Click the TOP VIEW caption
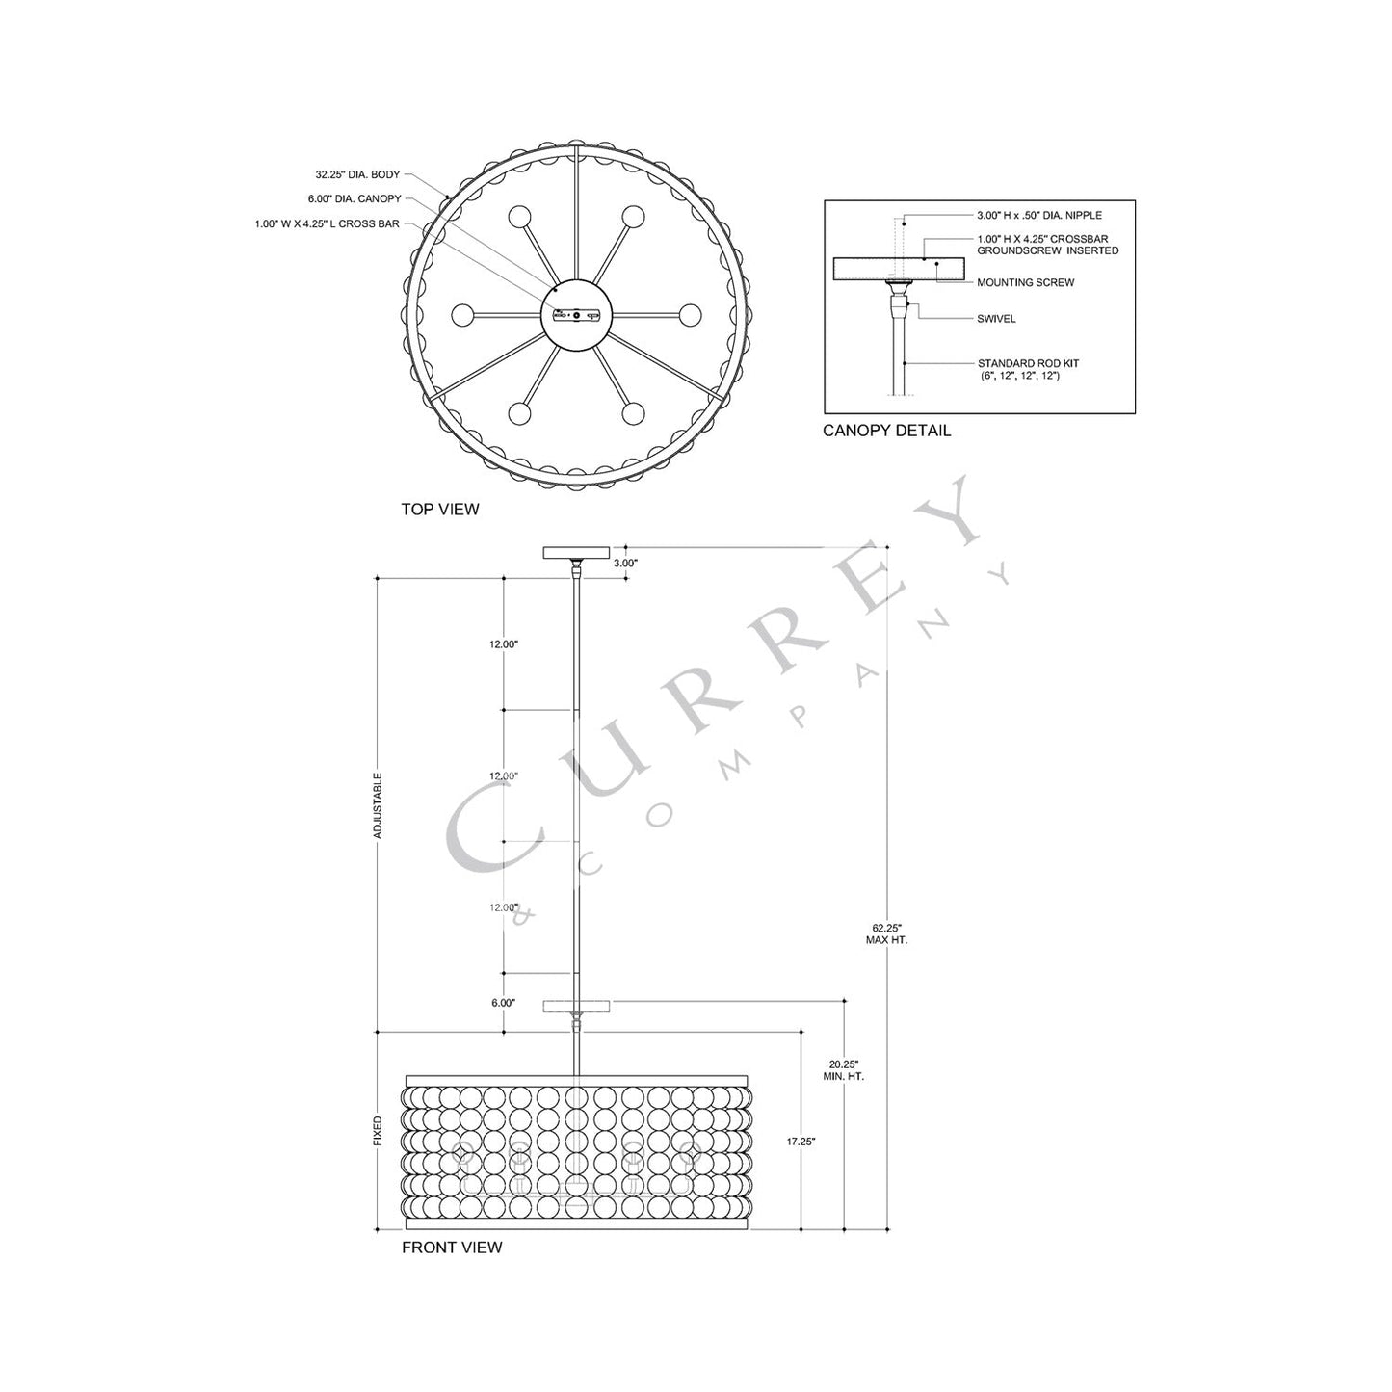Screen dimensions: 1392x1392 coord(439,510)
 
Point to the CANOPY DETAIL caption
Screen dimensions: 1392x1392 coord(886,431)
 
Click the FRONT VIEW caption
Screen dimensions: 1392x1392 coord(452,1248)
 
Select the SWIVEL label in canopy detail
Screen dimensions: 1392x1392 coord(996,318)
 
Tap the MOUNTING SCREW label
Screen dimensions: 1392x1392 coord(1025,283)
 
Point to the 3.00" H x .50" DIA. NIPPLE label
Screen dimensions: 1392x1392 coord(1038,215)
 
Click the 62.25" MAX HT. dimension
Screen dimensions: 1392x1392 coord(886,933)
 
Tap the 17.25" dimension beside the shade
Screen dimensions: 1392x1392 coord(801,1142)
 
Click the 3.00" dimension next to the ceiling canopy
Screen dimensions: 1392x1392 coord(626,563)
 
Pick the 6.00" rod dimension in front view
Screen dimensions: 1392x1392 coord(503,1003)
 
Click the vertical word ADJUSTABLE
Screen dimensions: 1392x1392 coord(378,804)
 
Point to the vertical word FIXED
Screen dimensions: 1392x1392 coord(378,1132)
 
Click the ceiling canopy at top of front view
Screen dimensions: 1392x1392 coord(576,552)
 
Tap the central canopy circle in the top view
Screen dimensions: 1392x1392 coord(576,315)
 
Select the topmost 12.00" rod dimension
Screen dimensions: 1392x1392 coord(504,643)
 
